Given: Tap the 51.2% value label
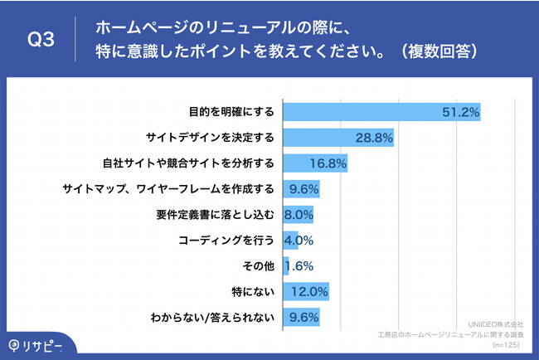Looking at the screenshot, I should coord(460,111).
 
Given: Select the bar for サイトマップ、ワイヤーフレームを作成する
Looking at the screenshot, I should coord(302,188).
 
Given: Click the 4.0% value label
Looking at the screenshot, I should coord(299,240).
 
